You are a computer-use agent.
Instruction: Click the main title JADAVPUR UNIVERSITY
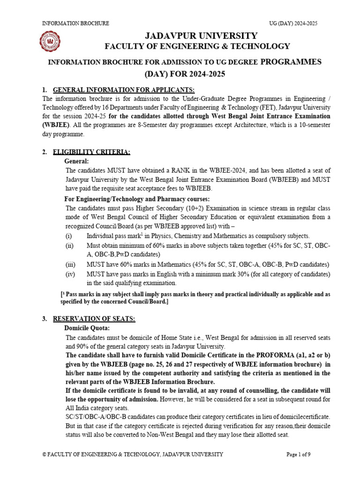201,36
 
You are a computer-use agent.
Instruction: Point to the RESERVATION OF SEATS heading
94,319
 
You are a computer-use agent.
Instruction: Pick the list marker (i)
68,236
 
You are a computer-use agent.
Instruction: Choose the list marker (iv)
69,274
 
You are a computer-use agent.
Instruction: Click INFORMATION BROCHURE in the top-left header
76,23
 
